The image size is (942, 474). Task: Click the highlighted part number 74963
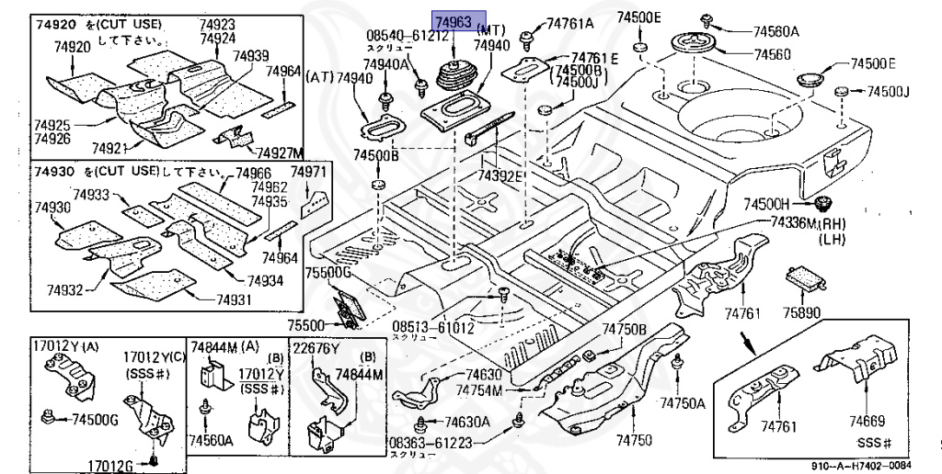454,22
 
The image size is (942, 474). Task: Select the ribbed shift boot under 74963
455,78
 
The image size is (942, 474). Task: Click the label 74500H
767,204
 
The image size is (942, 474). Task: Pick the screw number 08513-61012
433,326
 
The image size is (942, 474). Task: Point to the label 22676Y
316,348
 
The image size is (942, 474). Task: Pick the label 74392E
500,175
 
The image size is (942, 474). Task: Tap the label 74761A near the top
570,23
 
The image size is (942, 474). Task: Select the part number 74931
234,299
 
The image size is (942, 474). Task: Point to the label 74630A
466,423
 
